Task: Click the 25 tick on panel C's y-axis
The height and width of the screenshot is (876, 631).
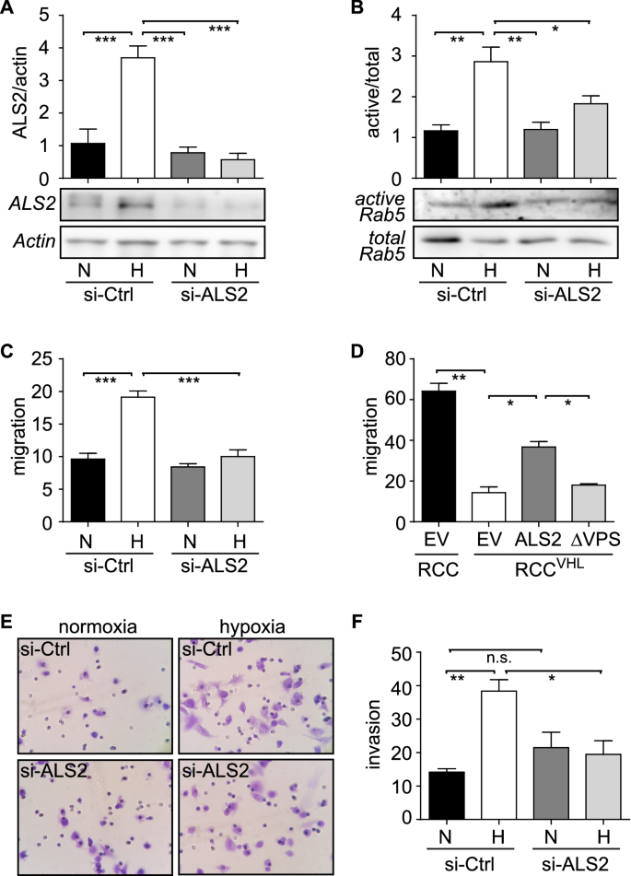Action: [x=44, y=358]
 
